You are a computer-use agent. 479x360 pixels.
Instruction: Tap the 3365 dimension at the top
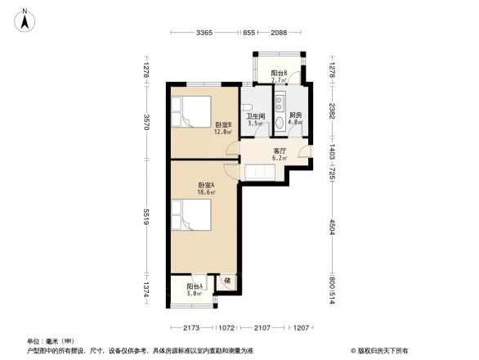click(x=204, y=33)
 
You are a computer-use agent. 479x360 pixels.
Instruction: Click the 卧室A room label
click(x=205, y=186)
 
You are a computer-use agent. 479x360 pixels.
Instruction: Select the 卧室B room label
click(x=222, y=124)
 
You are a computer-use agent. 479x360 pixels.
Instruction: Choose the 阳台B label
click(x=278, y=74)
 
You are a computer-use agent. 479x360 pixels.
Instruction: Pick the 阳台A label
click(x=194, y=286)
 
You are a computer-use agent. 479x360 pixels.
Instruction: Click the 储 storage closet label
click(x=228, y=282)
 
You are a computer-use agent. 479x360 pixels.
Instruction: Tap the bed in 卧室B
click(x=191, y=111)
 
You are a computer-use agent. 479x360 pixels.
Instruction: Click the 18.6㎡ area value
click(x=205, y=194)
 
